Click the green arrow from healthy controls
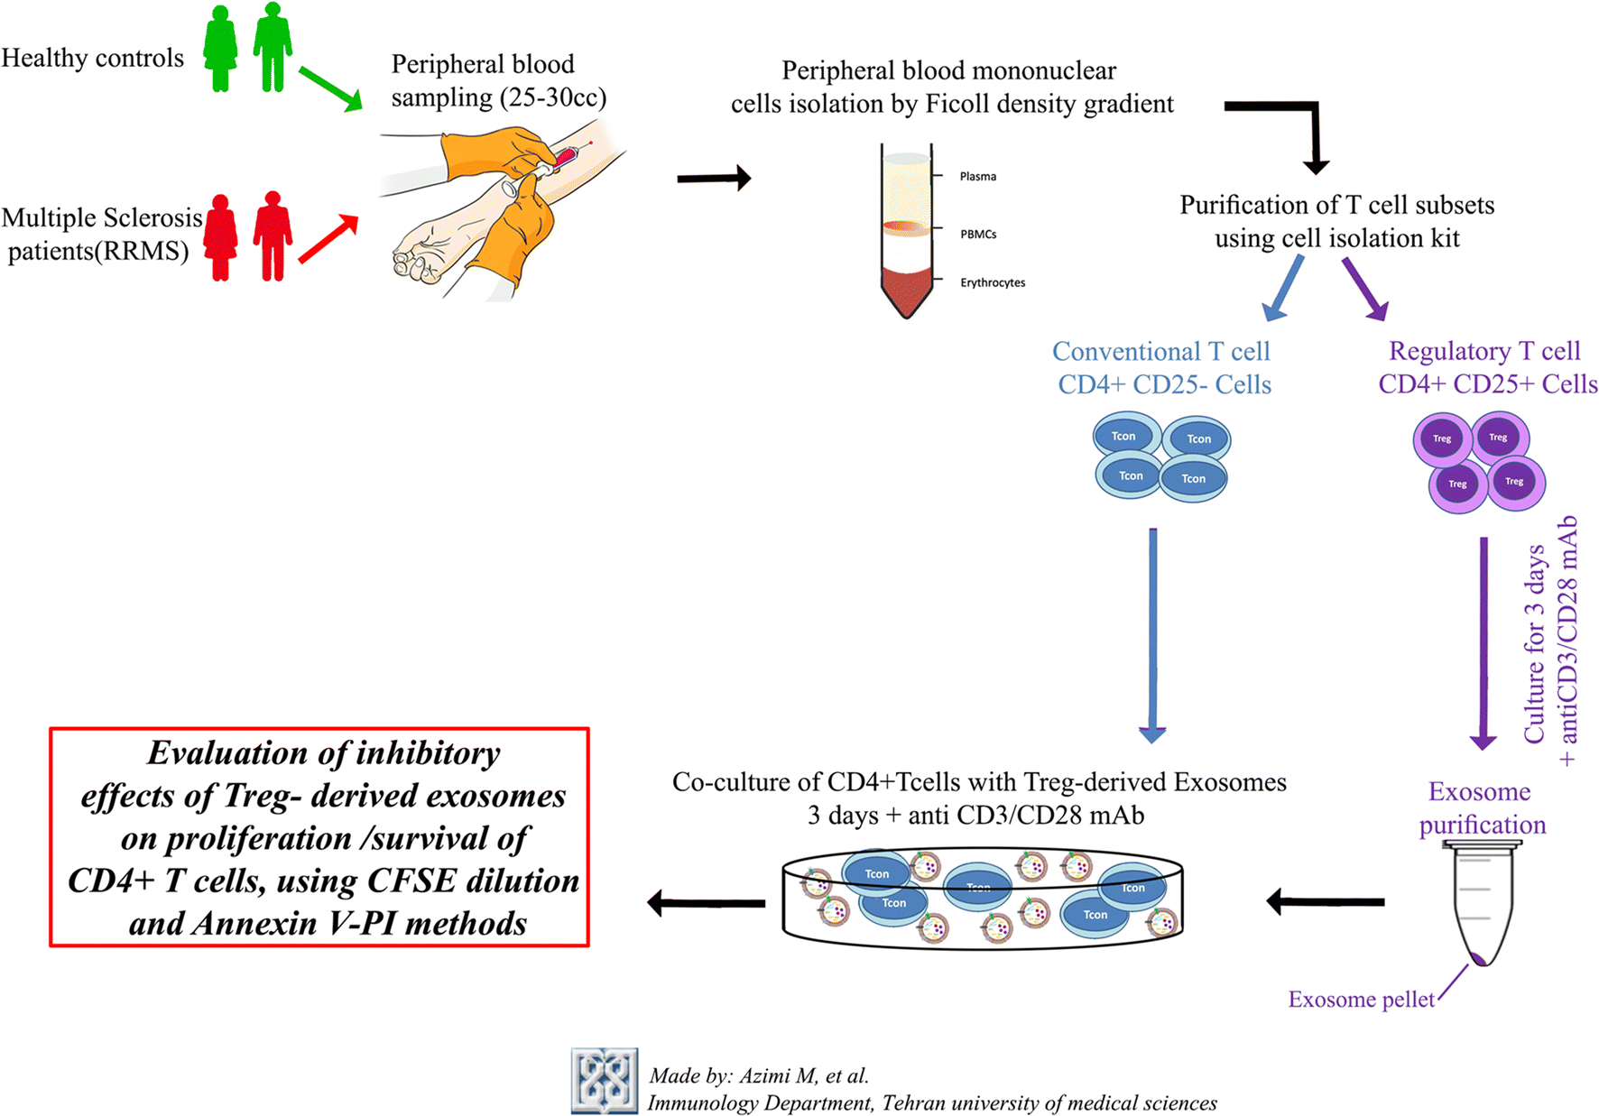(x=330, y=88)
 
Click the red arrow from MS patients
(x=329, y=239)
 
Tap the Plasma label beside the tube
(x=978, y=176)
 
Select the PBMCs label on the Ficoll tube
(x=978, y=234)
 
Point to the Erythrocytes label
(x=993, y=282)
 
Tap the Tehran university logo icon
(x=604, y=1080)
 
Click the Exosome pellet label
(x=1361, y=1000)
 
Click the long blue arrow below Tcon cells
(x=1152, y=635)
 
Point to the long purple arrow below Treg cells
(x=1483, y=643)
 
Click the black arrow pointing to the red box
(x=707, y=901)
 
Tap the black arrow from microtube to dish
(x=1326, y=900)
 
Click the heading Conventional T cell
(x=1161, y=351)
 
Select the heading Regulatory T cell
(x=1484, y=351)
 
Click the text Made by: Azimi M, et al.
(x=759, y=1075)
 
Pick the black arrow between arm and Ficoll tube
(x=714, y=178)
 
